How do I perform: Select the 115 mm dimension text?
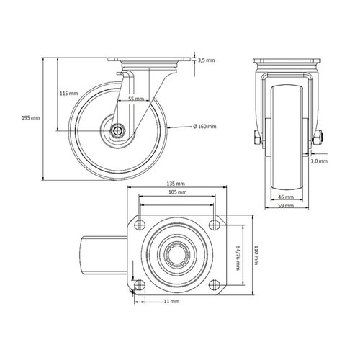70,94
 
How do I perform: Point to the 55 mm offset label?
136,99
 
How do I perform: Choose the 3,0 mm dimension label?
320,162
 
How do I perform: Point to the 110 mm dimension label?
256,255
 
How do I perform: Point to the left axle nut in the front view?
257,139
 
